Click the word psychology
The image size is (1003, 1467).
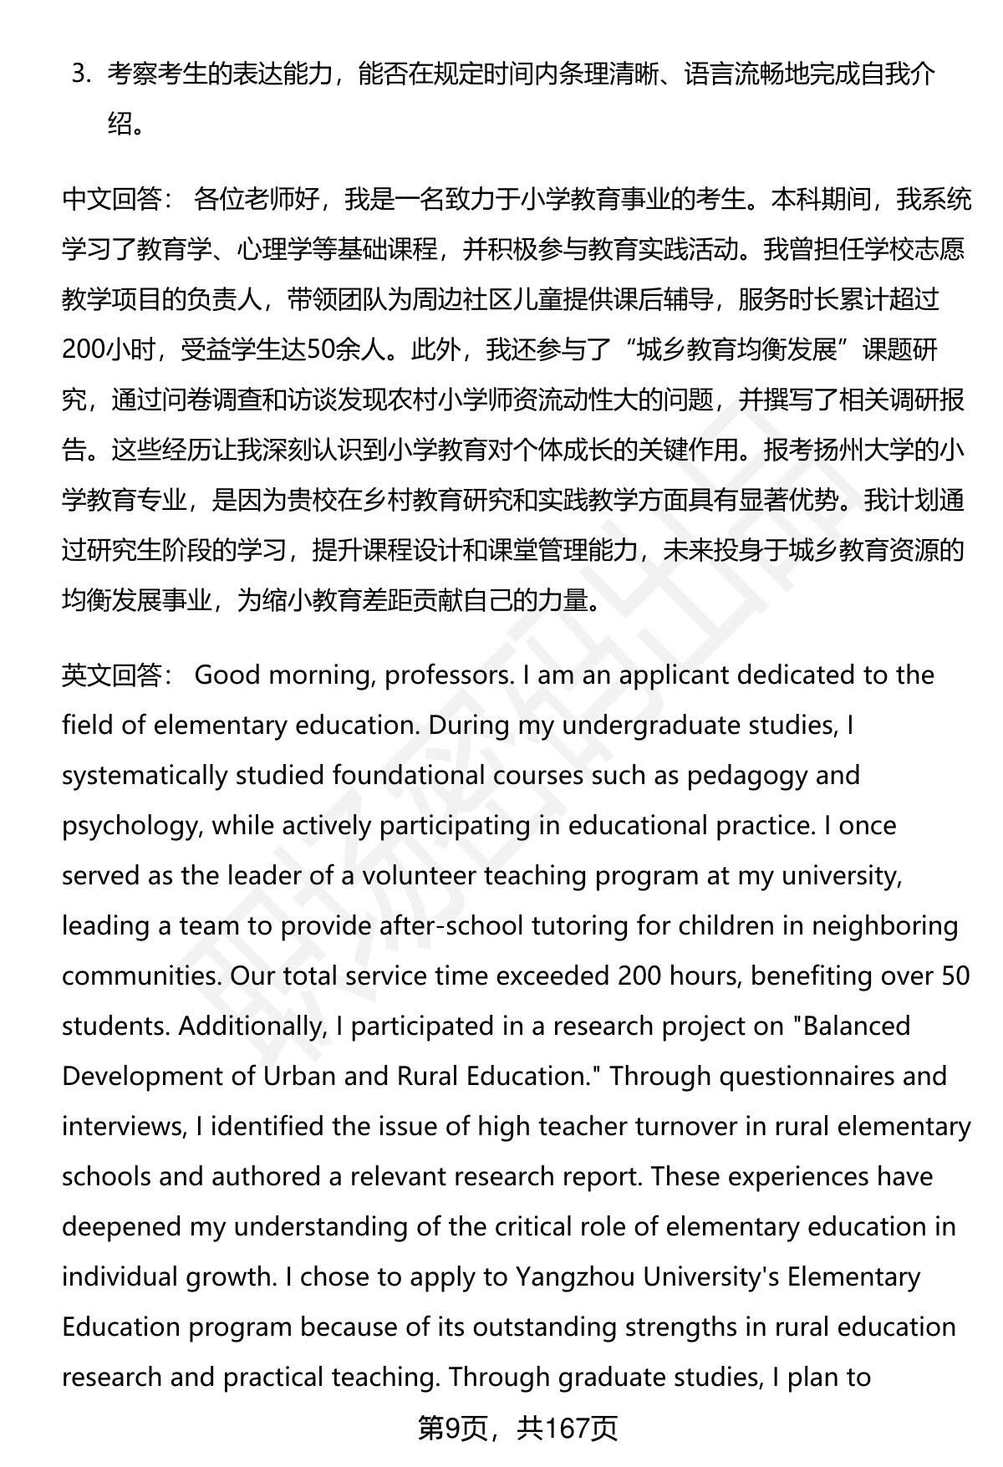tap(130, 826)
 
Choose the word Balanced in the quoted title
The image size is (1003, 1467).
tap(856, 1026)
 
